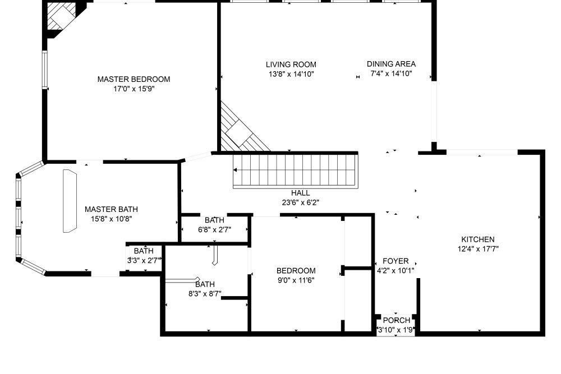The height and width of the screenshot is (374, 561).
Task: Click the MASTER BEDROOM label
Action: pos(134,79)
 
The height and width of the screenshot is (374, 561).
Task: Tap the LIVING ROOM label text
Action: pos(291,64)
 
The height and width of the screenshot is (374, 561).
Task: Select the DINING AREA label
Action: pos(391,64)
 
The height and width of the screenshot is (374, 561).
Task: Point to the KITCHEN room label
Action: pos(477,239)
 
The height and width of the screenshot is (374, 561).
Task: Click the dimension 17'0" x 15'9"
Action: pos(134,89)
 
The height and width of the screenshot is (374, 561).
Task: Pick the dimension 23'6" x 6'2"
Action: pos(301,203)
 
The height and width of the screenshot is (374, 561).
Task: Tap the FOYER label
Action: pos(396,261)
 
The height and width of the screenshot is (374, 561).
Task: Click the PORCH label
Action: pos(397,320)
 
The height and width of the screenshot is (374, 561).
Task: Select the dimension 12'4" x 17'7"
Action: pos(477,249)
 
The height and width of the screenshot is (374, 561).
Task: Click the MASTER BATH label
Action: pos(111,209)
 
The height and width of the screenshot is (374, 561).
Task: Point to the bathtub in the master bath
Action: pos(70,201)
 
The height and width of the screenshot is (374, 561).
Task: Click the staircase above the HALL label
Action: pos(296,170)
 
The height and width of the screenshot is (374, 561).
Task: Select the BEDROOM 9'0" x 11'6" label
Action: pos(296,271)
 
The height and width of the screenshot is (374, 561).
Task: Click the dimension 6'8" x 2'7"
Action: pos(214,229)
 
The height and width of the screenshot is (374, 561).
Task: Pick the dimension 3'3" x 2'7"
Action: pos(144,260)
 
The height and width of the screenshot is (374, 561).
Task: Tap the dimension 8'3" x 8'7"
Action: pos(205,294)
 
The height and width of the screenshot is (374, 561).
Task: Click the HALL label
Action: pos(301,193)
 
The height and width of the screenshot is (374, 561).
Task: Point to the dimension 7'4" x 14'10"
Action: pos(391,73)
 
